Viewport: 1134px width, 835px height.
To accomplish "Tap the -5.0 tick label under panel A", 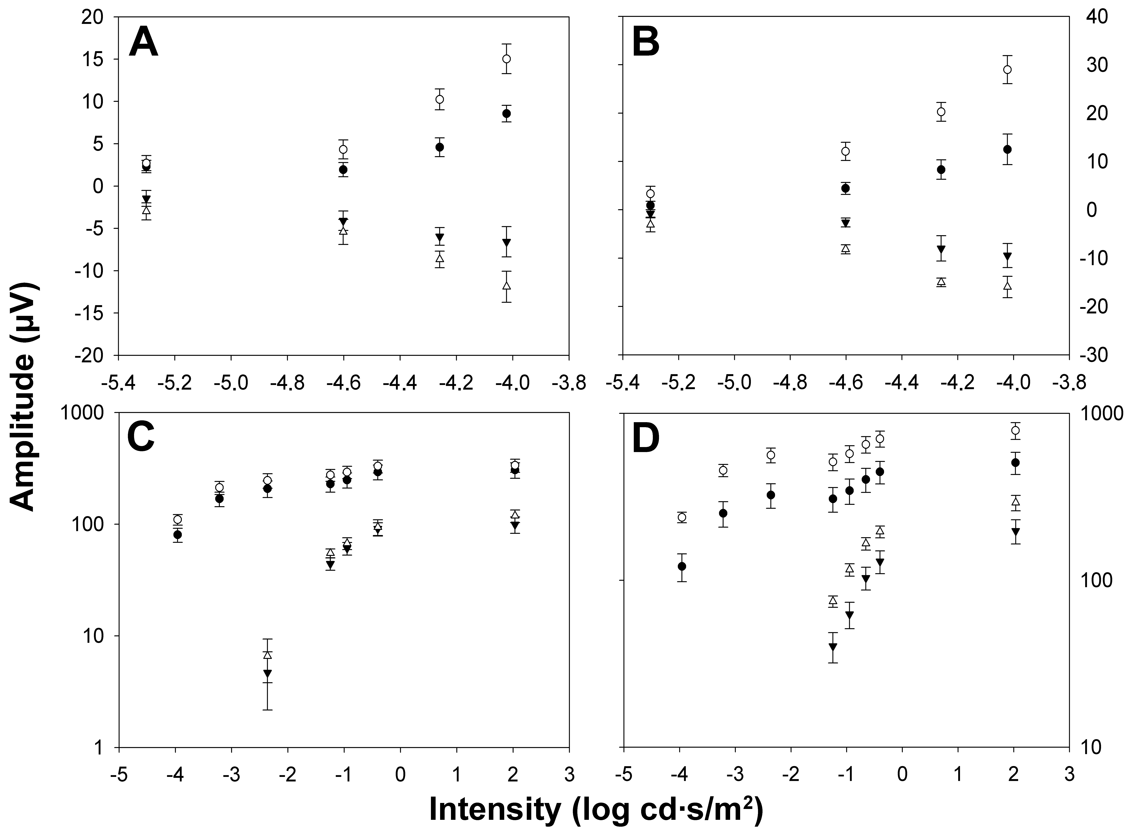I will [x=231, y=383].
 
